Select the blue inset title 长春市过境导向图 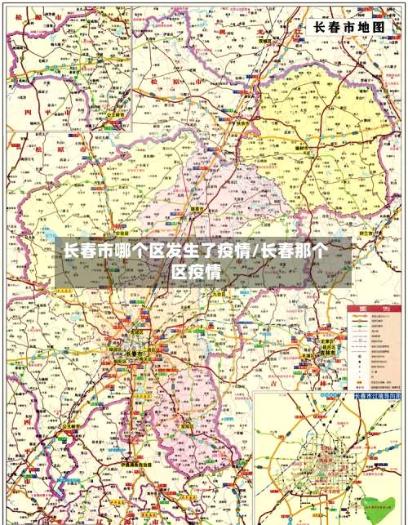(377, 395)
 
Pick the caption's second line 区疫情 (196, 272)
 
